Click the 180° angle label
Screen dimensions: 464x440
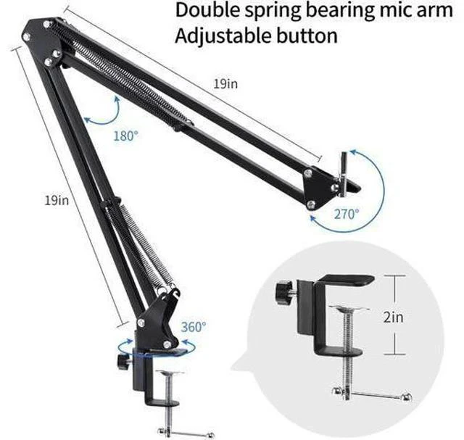pyautogui.click(x=126, y=136)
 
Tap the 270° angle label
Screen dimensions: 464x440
pyautogui.click(x=347, y=214)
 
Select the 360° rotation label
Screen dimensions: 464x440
pyautogui.click(x=194, y=327)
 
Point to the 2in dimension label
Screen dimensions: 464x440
pyautogui.click(x=393, y=317)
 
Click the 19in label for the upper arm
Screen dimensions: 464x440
pyautogui.click(x=225, y=84)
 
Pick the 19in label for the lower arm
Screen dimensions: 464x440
pyautogui.click(x=57, y=200)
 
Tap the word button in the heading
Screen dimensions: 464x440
pyautogui.click(x=307, y=36)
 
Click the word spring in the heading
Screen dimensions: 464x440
pyautogui.click(x=273, y=12)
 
